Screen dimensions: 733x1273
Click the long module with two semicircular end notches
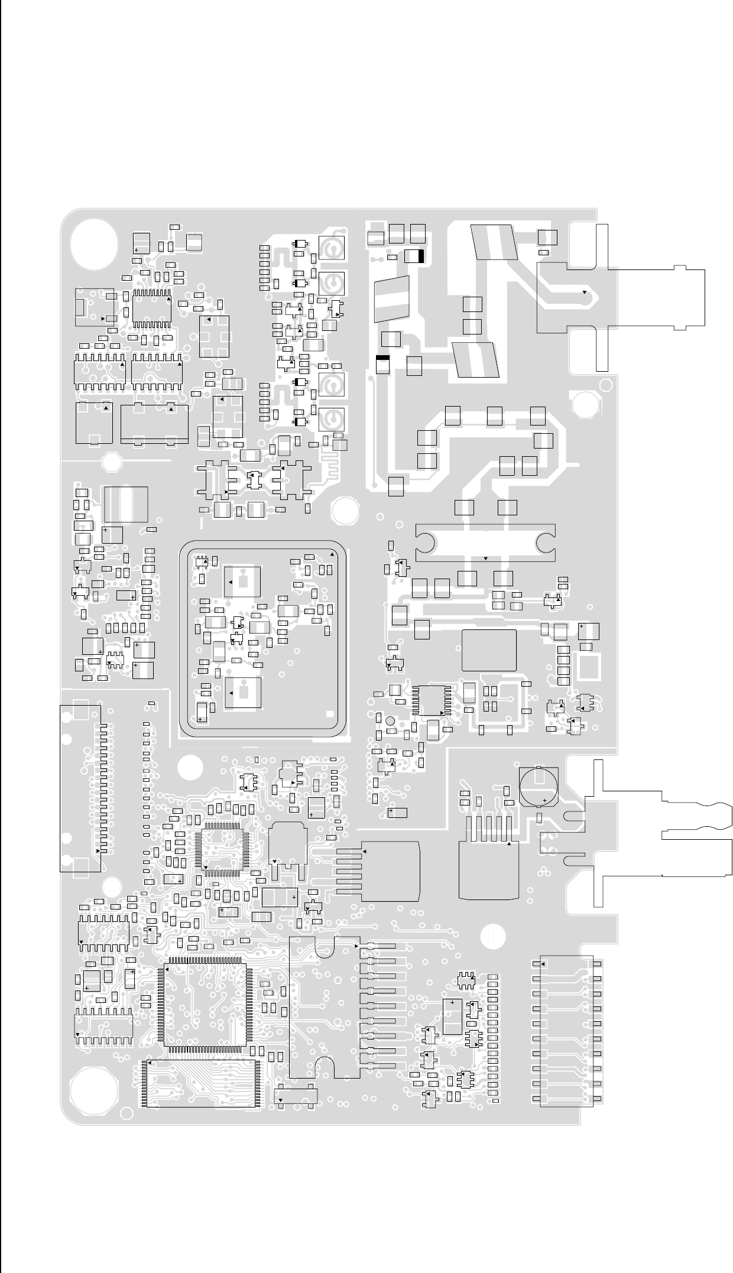[485, 542]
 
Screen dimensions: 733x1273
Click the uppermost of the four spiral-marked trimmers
[332, 249]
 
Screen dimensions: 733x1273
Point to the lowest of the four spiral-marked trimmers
[332, 420]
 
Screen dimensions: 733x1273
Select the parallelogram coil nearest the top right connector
[494, 242]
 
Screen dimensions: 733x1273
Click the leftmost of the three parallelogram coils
[392, 298]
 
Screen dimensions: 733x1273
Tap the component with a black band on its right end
[414, 256]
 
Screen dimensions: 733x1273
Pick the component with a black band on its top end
[382, 364]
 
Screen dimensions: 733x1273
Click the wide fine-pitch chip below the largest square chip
[200, 1083]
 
